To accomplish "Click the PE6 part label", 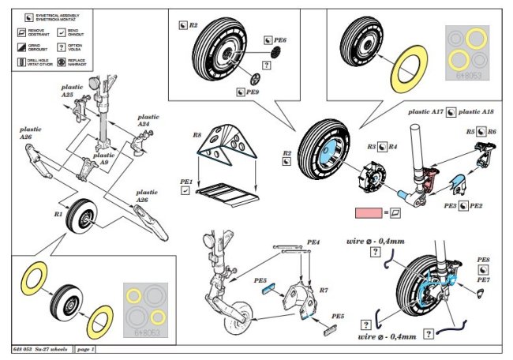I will [x=279, y=39].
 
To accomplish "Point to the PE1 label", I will [x=185, y=181].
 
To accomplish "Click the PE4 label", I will [x=313, y=242].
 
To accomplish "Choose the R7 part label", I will [x=323, y=291].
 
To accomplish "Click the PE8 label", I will [x=483, y=259].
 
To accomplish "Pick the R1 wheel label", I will [x=58, y=214].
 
